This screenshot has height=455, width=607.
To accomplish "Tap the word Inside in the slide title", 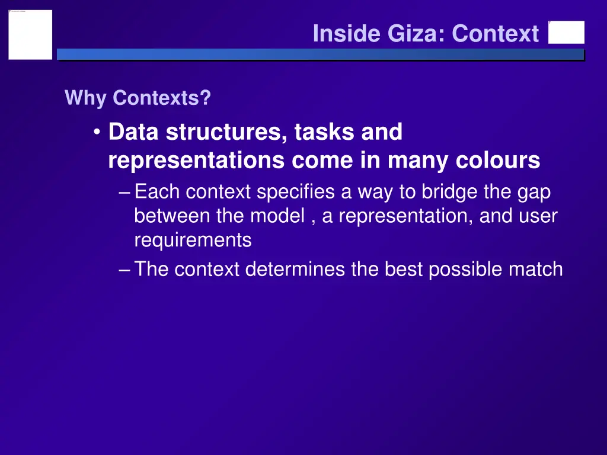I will (347, 34).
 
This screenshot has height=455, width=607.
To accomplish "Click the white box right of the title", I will (566, 33).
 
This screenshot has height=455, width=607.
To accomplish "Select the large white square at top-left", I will (30, 34).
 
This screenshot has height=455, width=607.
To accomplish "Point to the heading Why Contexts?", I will (138, 98).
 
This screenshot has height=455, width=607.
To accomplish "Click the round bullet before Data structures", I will (97, 132).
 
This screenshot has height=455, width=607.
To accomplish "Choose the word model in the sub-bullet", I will (277, 216).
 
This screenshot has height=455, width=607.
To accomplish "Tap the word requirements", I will (193, 241).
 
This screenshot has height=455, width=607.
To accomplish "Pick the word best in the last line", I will (404, 270).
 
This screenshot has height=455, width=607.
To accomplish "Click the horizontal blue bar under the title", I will (320, 55).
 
